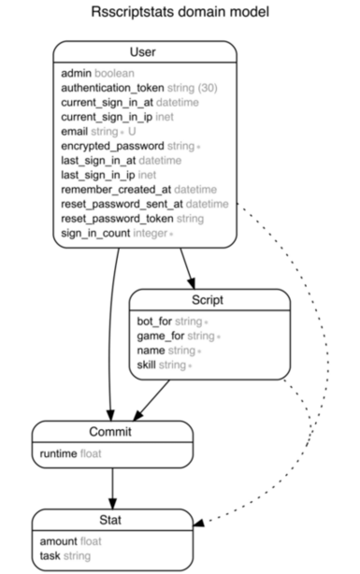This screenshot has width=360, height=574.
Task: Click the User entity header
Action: [143, 52]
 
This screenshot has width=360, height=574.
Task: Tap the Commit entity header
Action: [112, 433]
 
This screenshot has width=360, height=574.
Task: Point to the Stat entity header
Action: [112, 520]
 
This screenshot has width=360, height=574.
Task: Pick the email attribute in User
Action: [76, 131]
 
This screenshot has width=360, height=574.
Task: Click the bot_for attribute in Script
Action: [155, 320]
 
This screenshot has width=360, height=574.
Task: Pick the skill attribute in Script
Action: [147, 364]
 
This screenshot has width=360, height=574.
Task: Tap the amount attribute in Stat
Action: [58, 542]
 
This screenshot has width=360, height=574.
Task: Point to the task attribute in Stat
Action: [50, 556]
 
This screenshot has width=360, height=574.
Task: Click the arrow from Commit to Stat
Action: [112, 489]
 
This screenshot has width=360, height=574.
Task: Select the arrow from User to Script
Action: [186, 266]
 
